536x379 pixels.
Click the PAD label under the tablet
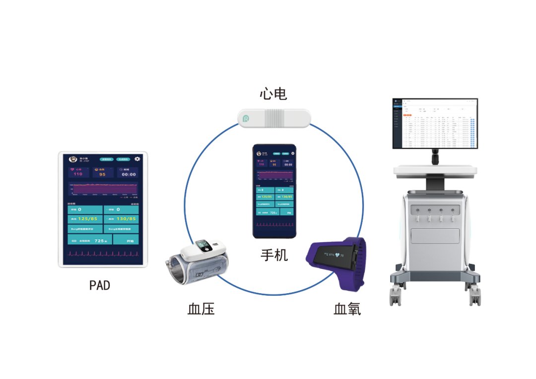(x=100, y=285)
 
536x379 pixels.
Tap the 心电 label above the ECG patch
(x=273, y=94)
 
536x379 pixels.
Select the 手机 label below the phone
(x=274, y=255)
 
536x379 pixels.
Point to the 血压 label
(x=201, y=309)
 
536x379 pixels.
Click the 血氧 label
(x=347, y=309)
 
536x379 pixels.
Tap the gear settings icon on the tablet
(x=137, y=159)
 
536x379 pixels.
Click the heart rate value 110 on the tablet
(x=78, y=174)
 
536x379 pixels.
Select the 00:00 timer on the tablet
(x=129, y=175)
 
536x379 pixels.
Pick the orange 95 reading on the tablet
(x=102, y=175)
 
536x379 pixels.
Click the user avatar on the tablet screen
(x=72, y=159)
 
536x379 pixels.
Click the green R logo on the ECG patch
(x=246, y=119)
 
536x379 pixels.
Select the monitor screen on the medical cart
(x=435, y=123)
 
